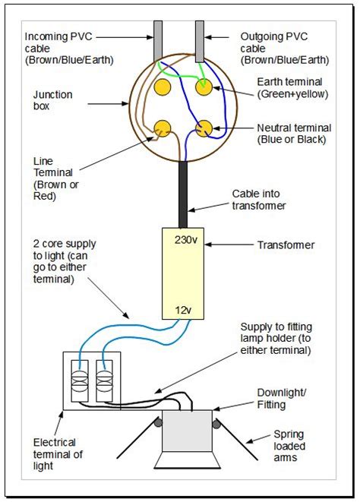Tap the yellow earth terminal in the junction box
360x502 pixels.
tap(204, 88)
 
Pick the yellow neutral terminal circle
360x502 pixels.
tap(204, 129)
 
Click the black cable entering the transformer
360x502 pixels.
tap(183, 194)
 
